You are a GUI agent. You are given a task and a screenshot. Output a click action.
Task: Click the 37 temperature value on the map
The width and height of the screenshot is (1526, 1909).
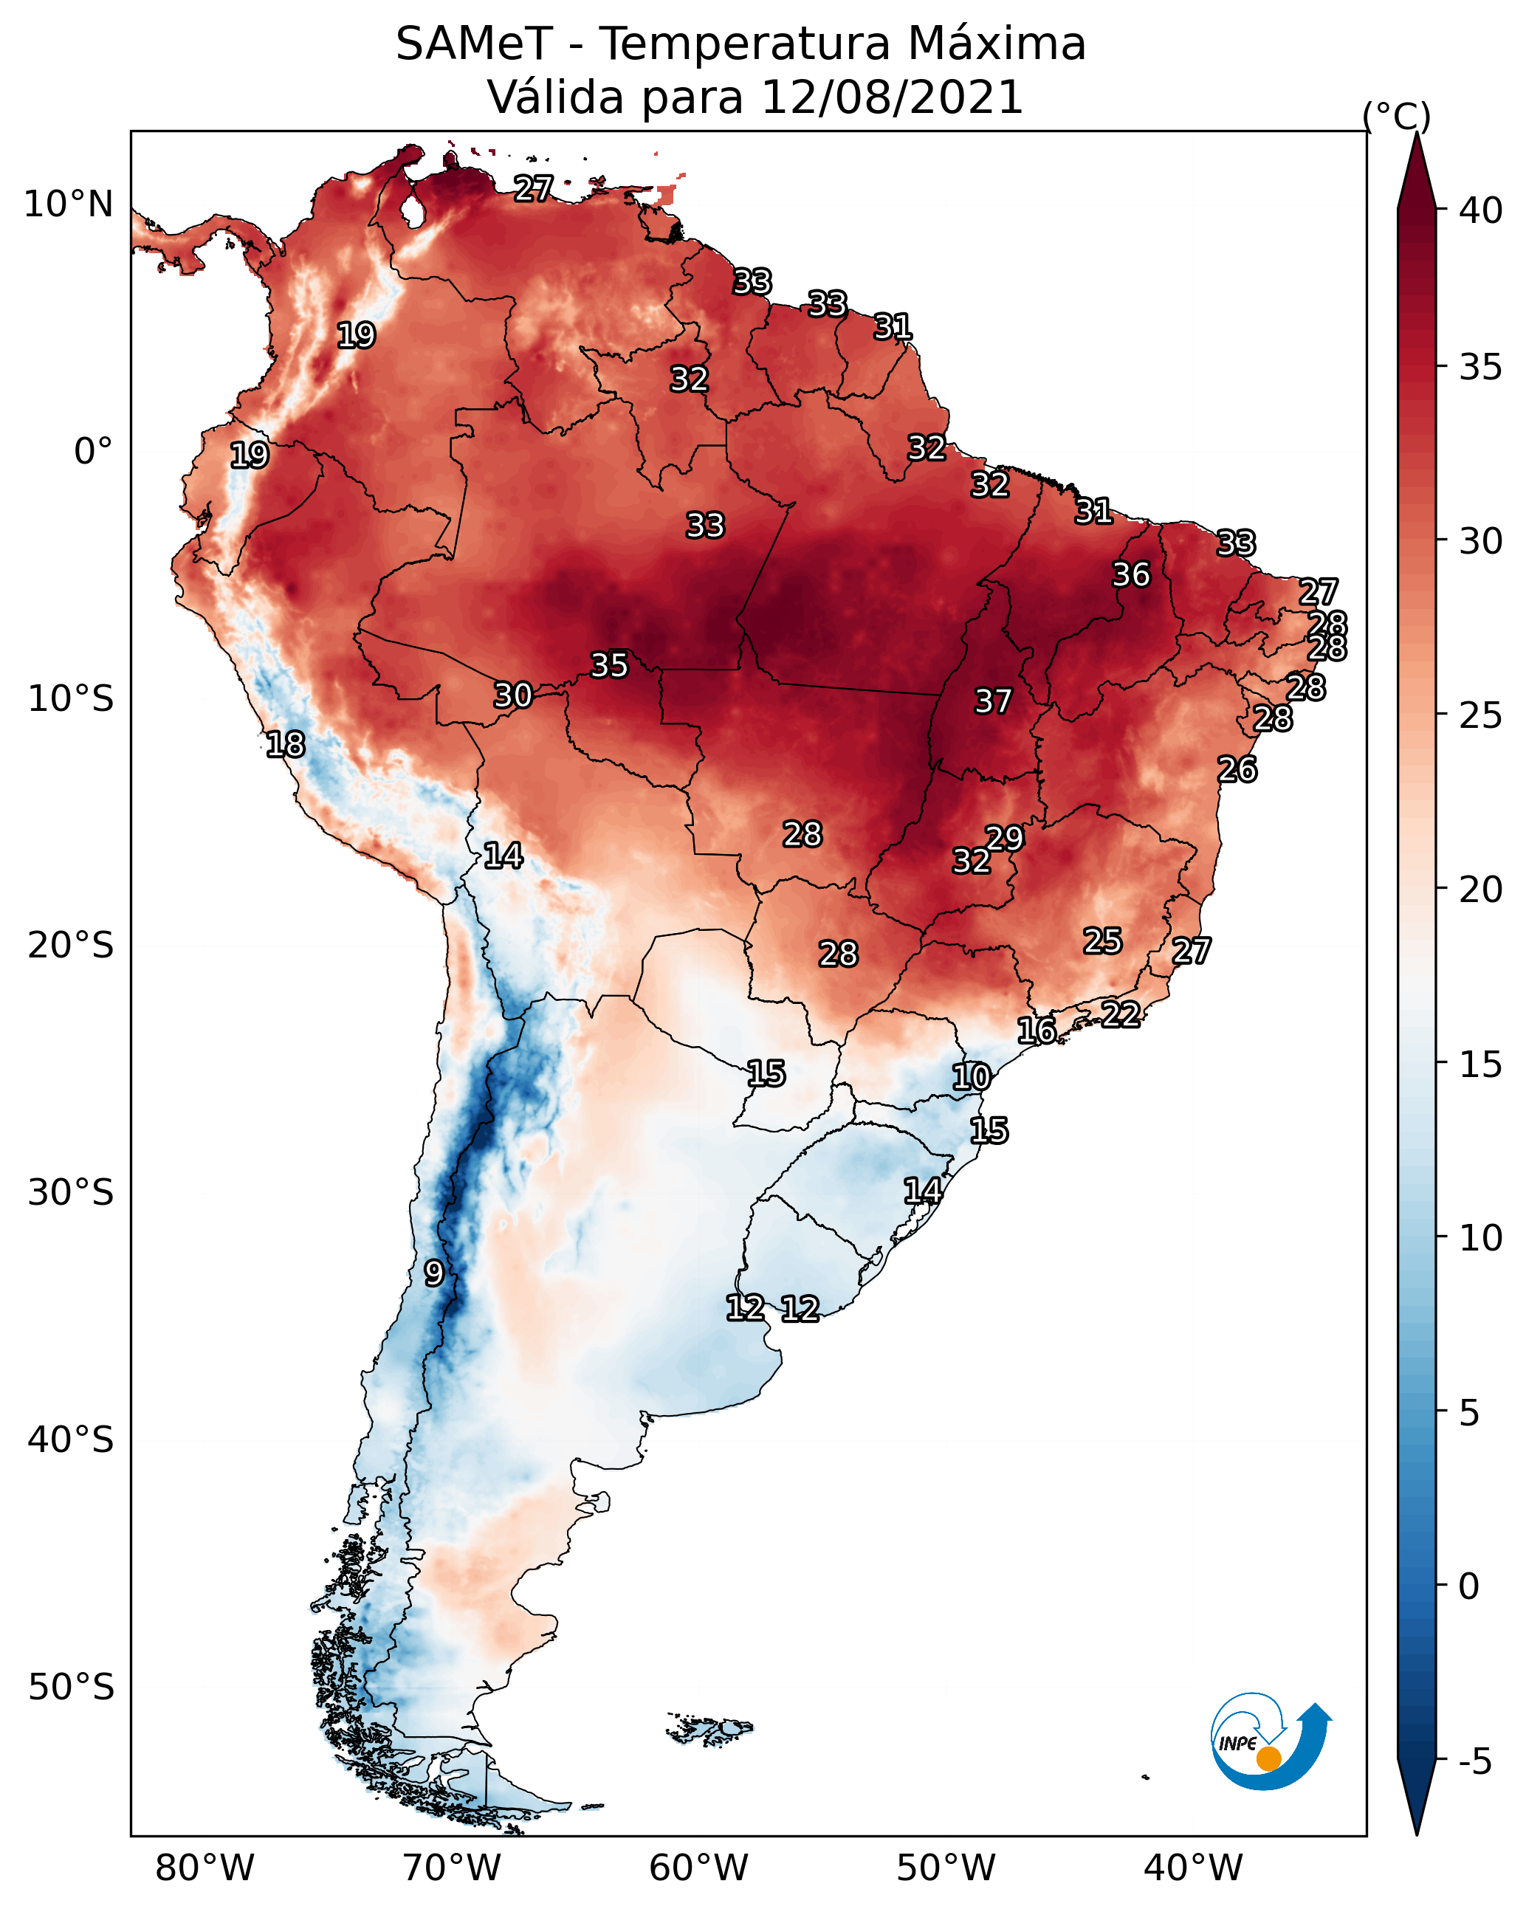pos(993,701)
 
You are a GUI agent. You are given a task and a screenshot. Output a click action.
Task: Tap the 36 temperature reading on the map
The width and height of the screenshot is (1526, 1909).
pos(1131,574)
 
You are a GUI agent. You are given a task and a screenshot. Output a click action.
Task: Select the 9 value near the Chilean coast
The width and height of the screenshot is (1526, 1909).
pos(434,1273)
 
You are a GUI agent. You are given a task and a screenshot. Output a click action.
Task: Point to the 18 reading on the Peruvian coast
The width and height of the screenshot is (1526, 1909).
pos(285,745)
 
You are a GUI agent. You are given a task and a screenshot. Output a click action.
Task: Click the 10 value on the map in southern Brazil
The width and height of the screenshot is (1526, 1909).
pos(971,1077)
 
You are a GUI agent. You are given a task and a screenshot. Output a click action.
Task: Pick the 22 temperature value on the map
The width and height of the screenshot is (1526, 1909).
pos(1121,1014)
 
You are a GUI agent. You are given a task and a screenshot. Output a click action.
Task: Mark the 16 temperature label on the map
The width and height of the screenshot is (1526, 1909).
pos(1037,1031)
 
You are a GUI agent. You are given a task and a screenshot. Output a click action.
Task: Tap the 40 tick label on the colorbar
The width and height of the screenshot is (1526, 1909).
pos(1481,210)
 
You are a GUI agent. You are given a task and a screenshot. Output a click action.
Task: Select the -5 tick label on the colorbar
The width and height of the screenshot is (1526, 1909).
pos(1474,1762)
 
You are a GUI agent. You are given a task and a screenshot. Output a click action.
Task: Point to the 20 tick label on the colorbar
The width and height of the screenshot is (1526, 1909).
pos(1481,889)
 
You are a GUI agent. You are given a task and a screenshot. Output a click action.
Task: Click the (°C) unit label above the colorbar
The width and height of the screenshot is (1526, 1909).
pos(1397,116)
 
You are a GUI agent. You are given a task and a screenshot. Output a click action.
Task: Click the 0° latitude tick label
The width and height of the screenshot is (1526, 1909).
pos(94,451)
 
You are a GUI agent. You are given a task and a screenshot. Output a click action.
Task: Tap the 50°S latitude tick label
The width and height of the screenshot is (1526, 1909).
pos(71,1687)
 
